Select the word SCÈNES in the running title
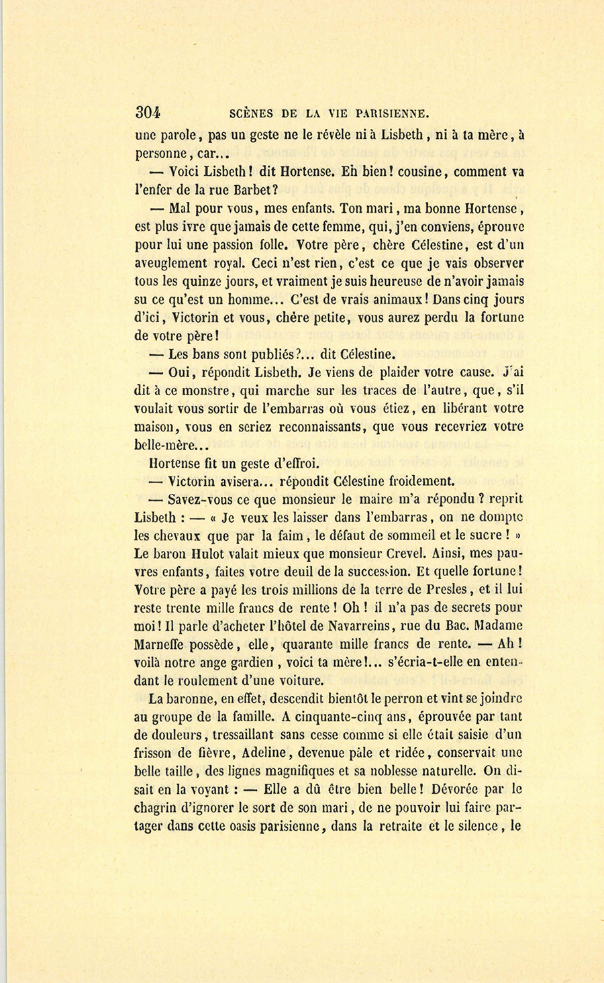[x=252, y=113]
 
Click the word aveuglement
[x=177, y=263]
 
